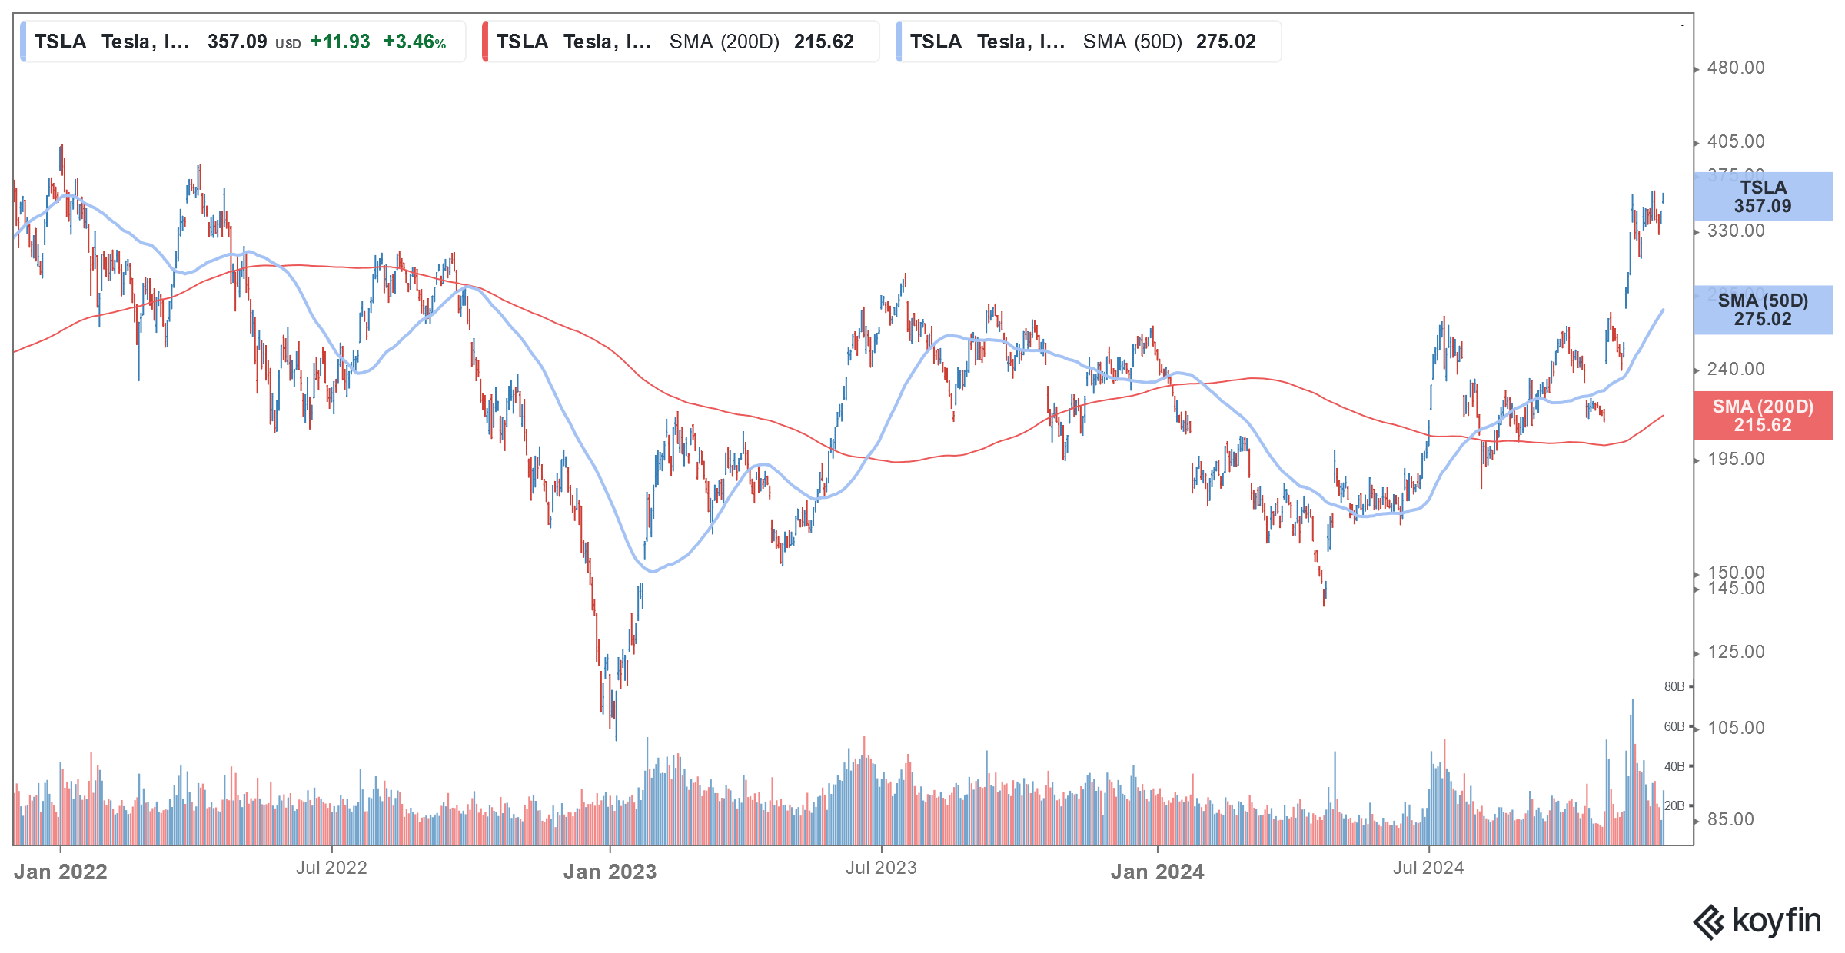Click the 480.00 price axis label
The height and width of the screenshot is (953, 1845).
click(1735, 68)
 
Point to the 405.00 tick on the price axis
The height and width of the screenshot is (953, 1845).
click(1735, 142)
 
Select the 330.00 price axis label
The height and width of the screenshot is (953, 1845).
click(1735, 231)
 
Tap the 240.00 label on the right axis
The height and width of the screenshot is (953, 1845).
click(1735, 370)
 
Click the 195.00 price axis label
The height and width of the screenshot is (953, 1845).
click(1735, 460)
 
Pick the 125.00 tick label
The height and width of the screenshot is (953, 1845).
click(1735, 652)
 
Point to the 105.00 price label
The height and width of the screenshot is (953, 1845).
click(1735, 728)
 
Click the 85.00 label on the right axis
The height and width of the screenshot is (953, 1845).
click(1730, 820)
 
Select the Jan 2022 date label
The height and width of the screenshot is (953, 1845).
click(61, 872)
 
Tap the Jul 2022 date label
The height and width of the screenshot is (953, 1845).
click(331, 868)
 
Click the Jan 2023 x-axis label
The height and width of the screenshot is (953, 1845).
click(610, 872)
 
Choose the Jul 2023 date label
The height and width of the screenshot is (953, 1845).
click(881, 868)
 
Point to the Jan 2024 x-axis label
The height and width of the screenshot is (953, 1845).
click(1157, 872)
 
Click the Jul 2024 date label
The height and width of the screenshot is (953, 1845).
click(1428, 868)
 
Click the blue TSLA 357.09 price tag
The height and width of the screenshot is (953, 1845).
click(1763, 198)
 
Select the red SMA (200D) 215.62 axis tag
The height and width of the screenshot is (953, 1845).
click(1763, 416)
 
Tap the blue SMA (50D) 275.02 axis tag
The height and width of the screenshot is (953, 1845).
click(1763, 310)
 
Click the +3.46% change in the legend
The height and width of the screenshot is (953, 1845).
click(414, 42)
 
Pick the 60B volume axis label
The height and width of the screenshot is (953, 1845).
click(1674, 727)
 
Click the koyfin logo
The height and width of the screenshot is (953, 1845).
click(1757, 921)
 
